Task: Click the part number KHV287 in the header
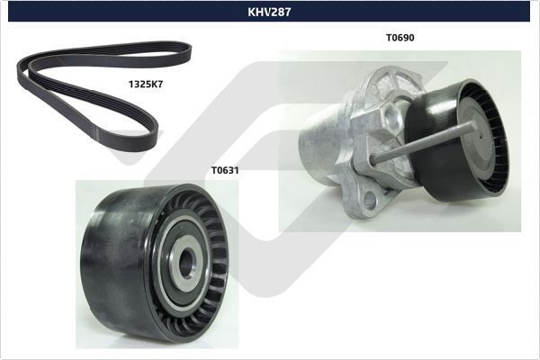269,12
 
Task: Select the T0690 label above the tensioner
400,38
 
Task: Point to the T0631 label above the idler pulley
225,168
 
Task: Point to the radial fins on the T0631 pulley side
211,225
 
